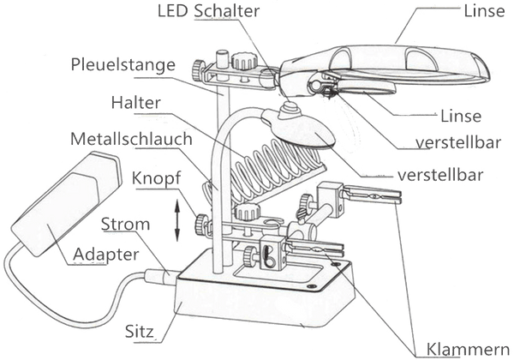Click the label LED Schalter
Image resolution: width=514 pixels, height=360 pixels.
tap(208, 10)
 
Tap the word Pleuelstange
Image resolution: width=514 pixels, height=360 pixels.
tap(123, 64)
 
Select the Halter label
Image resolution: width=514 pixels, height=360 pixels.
tap(135, 103)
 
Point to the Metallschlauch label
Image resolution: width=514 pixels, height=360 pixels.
tap(131, 139)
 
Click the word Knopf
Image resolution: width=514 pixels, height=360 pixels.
tap(156, 178)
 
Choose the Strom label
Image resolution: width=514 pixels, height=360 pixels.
tap(125, 225)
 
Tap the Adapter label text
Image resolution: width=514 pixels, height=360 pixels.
tap(105, 255)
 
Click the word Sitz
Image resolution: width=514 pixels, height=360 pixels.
tap(140, 332)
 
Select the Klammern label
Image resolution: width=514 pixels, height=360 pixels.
tap(468, 350)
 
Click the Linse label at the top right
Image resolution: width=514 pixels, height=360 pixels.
tap(484, 11)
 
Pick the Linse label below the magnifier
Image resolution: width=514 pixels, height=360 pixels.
tap(461, 116)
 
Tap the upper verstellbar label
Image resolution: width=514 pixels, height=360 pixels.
tap(458, 142)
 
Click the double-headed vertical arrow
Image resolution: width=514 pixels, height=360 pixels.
tap(177, 220)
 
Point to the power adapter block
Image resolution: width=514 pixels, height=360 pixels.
tap(67, 203)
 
